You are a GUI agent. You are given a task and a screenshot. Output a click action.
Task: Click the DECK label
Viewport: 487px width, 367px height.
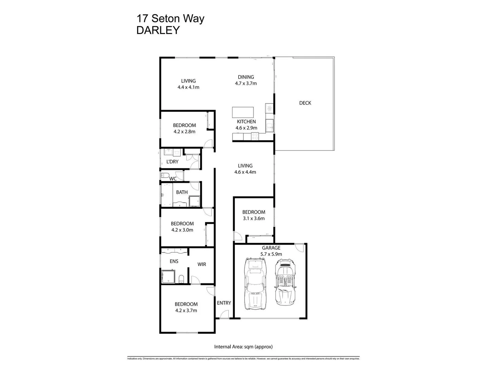coord(305,103)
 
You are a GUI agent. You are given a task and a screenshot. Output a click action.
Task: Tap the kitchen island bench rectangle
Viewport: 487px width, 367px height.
coord(243,112)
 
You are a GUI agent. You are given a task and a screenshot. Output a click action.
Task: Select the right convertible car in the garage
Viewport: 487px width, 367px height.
coord(285,282)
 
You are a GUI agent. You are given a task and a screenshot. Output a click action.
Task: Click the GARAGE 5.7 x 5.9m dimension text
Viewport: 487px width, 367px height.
coord(271,254)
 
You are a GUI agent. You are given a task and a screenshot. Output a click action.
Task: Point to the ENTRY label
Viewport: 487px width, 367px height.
coord(224,303)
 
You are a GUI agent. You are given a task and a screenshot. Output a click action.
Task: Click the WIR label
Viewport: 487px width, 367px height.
coord(202,264)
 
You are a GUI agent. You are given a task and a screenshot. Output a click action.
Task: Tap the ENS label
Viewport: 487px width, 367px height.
coord(174,261)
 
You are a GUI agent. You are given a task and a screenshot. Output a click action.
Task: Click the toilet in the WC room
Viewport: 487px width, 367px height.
coord(165,176)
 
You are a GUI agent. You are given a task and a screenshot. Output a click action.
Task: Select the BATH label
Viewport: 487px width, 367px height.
coord(182,192)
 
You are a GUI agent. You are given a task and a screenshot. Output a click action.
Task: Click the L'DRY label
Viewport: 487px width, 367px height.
coord(172,162)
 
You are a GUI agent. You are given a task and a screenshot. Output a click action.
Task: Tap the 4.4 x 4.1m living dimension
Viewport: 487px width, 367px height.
coord(188,87)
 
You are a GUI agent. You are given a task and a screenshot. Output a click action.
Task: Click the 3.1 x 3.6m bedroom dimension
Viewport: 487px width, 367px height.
coord(254,219)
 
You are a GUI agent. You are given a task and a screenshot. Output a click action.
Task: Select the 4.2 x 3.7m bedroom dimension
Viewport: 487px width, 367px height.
coord(186,310)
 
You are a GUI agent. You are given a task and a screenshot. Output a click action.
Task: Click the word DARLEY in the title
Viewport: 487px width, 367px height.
coord(158,30)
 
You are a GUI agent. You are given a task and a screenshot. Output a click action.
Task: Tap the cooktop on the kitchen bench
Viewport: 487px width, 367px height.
coord(255,137)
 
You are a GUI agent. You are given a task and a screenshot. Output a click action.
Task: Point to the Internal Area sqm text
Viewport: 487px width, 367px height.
coord(243,347)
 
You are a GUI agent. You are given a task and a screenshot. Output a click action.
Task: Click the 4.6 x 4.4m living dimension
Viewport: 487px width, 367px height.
coord(245,172)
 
